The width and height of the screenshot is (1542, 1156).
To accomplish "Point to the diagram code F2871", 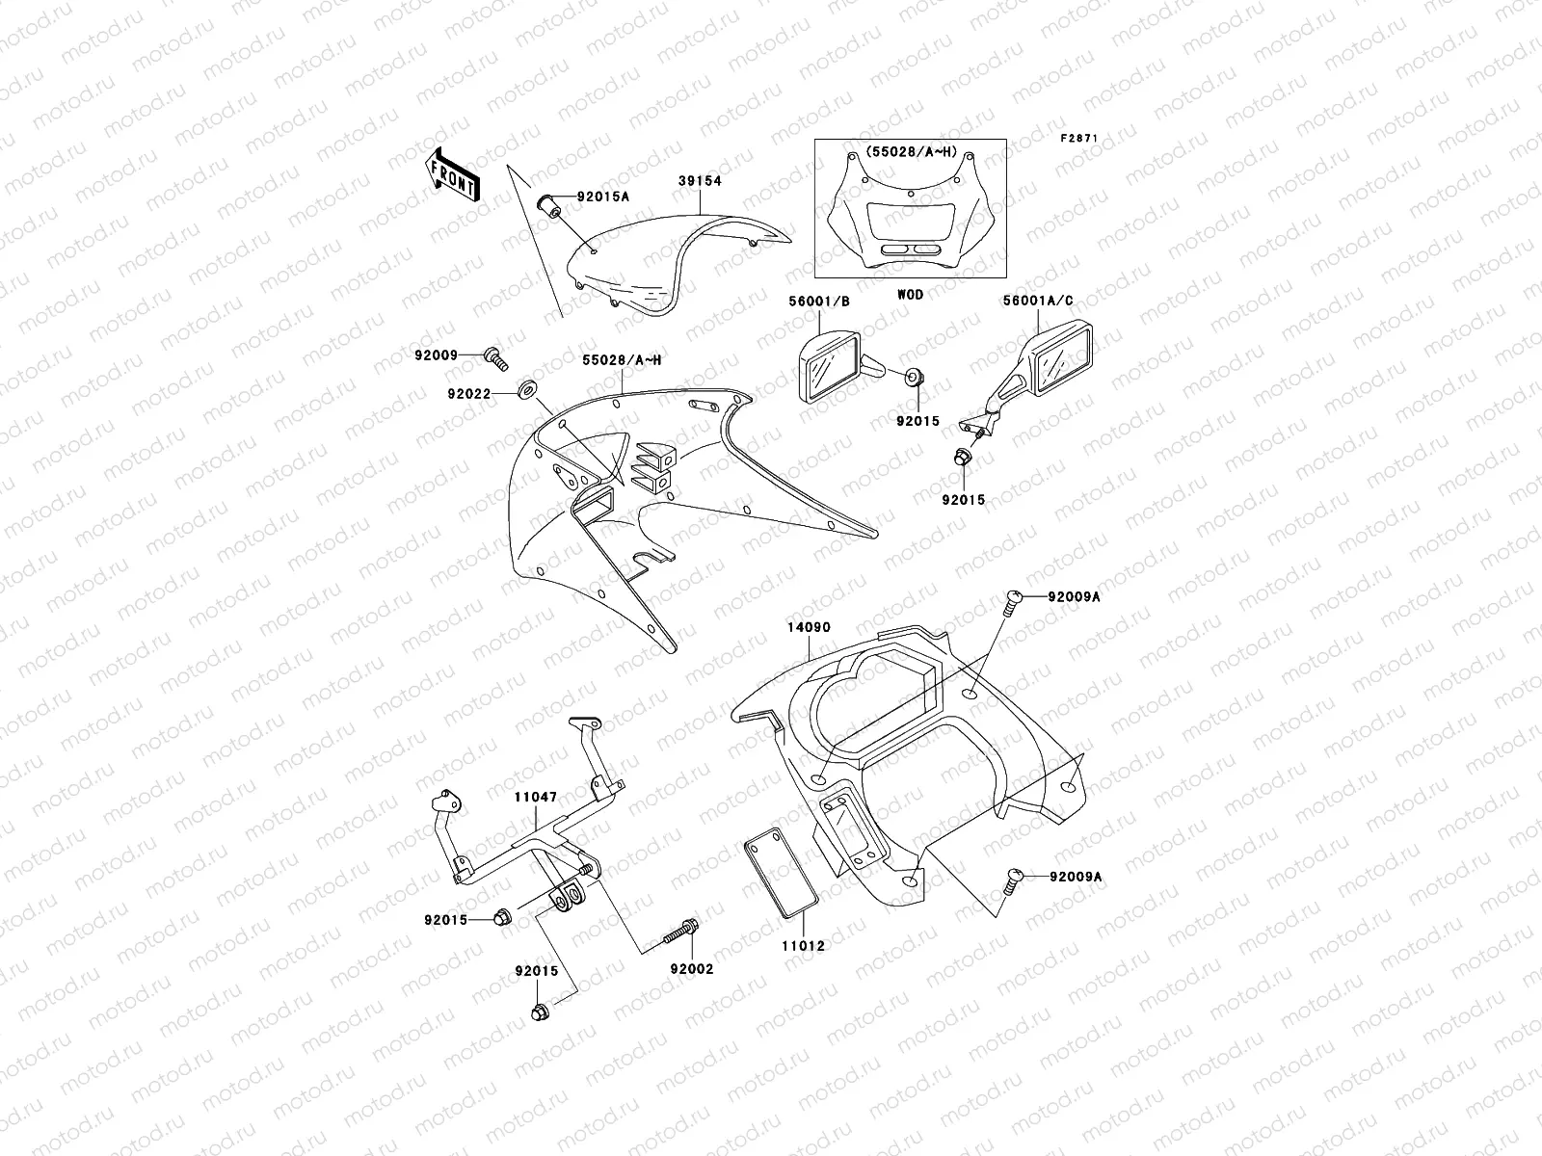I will (1079, 138).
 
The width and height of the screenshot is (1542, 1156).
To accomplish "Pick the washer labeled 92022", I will (529, 390).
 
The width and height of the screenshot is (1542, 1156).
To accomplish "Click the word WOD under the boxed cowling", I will (910, 295).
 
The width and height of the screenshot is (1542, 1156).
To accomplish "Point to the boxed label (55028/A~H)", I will (910, 153).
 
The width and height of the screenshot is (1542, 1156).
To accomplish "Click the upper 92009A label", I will (1074, 596).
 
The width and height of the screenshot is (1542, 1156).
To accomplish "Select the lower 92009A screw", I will (1013, 878).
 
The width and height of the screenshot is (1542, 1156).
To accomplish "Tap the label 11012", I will (802, 946).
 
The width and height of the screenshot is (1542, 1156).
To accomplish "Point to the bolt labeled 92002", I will (682, 931).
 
